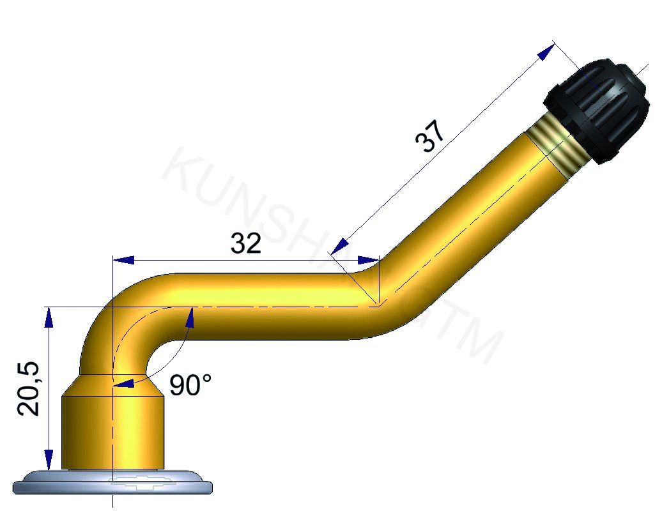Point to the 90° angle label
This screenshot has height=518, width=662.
coord(190,385)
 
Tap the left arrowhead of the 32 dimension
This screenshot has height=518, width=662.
coord(124,260)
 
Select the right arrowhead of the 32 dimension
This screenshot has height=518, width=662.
coord(368,260)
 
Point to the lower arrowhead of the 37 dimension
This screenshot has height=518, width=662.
coord(341,246)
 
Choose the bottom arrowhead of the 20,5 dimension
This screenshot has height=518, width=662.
coord(49,459)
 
